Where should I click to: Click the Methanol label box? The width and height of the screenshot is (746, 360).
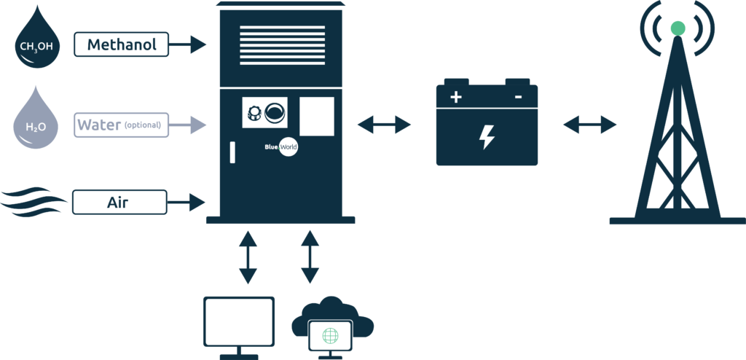click(121, 44)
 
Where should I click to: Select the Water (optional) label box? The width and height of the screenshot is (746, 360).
click(121, 125)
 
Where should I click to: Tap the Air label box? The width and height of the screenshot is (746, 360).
click(119, 202)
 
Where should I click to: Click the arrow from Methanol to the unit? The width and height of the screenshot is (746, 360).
click(189, 44)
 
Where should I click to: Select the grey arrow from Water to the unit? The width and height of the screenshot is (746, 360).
click(189, 125)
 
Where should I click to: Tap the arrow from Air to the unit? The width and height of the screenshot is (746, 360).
click(189, 202)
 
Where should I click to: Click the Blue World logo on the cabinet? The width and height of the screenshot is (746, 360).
click(281, 146)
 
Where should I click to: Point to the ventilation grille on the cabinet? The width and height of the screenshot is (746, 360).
click(283, 47)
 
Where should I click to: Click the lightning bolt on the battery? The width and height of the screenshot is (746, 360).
click(486, 136)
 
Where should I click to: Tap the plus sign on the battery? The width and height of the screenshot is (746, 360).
click(456, 96)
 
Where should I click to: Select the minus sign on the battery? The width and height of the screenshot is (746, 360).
click(518, 96)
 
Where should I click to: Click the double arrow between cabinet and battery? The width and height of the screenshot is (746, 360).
click(384, 125)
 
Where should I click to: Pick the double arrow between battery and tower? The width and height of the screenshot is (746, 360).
click(589, 125)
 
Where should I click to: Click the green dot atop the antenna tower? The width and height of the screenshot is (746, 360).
click(678, 28)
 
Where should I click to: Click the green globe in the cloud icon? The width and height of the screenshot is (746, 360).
click(330, 335)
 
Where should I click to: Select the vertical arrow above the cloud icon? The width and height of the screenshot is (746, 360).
click(310, 257)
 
